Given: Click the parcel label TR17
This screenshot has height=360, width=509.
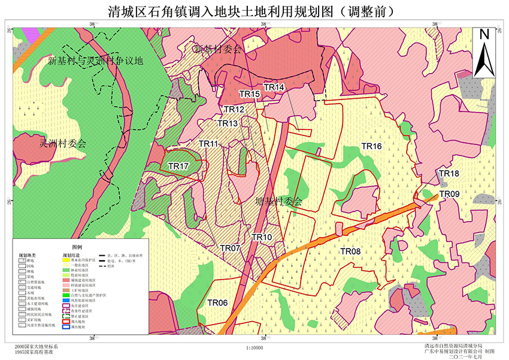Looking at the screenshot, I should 178,166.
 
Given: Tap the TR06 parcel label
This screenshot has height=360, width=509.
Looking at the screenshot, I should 217,303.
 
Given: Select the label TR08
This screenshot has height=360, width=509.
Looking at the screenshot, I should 350,251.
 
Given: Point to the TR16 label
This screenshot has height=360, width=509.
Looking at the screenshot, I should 371,146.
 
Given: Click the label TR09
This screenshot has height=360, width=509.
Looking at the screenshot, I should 449,193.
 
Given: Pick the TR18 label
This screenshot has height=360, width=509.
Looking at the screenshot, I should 449,174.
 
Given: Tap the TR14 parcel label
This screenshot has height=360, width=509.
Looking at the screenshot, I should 274,87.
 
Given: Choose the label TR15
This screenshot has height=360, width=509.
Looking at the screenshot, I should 250,94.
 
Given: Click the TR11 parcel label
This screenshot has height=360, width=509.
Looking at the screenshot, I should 208,144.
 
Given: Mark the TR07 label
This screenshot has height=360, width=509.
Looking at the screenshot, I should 230,248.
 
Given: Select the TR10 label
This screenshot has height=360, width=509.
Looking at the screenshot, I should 262,237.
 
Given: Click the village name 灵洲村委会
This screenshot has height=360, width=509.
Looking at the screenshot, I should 63,144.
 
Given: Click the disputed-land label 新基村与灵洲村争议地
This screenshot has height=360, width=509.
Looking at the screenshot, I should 96,61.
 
